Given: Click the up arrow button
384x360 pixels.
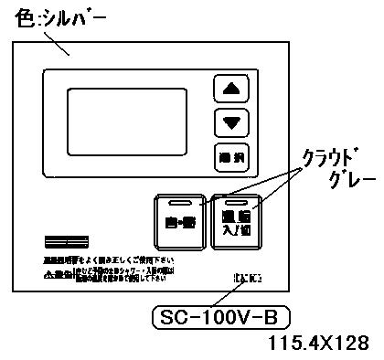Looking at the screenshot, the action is point(229,90).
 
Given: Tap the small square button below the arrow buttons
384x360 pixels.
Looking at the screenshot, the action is point(229,155).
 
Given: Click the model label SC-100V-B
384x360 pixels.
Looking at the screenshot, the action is point(219,318).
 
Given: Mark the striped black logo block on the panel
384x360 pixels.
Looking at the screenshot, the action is point(64,244).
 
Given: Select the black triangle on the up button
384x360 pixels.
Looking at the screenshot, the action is point(229,90).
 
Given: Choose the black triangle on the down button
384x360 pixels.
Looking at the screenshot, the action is point(229,122).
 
